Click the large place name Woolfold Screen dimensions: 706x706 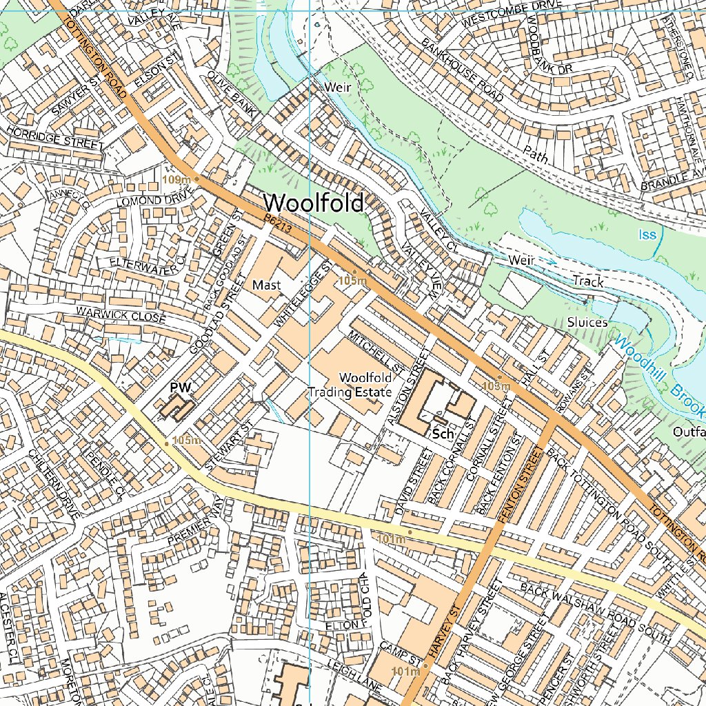(x=313, y=203)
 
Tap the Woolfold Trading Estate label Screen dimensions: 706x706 (x=350, y=385)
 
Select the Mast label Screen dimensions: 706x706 (x=266, y=285)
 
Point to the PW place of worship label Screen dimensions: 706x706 (x=180, y=388)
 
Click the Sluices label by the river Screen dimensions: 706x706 (x=587, y=322)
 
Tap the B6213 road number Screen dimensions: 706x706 (x=278, y=223)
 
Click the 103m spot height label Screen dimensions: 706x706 (x=496, y=385)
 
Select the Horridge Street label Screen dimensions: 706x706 (x=54, y=137)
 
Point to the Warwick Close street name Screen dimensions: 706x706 (x=121, y=314)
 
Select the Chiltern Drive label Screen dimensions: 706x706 (x=54, y=483)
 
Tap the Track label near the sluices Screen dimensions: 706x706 (x=587, y=281)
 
